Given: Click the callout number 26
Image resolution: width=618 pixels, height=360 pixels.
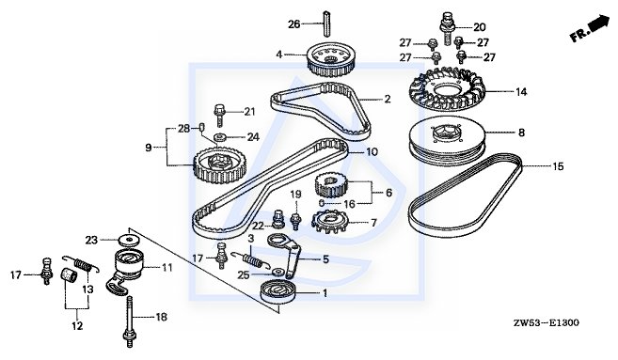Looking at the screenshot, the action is [294, 24].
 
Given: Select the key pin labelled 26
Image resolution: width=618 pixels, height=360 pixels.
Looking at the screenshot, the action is [326, 23].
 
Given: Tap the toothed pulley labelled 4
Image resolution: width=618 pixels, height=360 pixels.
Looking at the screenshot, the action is [331, 61].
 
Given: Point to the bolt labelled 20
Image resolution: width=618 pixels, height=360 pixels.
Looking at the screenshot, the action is [448, 28].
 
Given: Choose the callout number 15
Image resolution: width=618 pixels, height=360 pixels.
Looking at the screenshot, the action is [558, 166].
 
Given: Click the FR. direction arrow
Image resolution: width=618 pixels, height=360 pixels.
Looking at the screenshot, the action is [590, 29].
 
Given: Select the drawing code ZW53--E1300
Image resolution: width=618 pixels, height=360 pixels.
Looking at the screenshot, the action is [547, 323].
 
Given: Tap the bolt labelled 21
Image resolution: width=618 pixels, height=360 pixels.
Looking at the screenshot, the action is [219, 115].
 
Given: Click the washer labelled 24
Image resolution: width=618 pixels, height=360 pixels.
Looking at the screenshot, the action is [219, 137].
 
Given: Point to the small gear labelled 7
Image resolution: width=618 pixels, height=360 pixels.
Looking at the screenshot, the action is [329, 223].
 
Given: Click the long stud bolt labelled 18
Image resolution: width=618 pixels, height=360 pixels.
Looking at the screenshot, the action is [129, 321].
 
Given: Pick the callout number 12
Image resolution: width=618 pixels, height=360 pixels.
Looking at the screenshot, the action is [77, 326].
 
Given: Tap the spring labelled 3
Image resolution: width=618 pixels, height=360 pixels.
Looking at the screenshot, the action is [251, 258].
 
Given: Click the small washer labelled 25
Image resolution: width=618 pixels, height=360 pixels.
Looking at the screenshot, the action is [278, 272].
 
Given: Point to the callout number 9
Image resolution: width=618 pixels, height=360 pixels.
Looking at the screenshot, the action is [149, 148].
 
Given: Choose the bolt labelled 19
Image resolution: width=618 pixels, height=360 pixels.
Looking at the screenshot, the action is [294, 221].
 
